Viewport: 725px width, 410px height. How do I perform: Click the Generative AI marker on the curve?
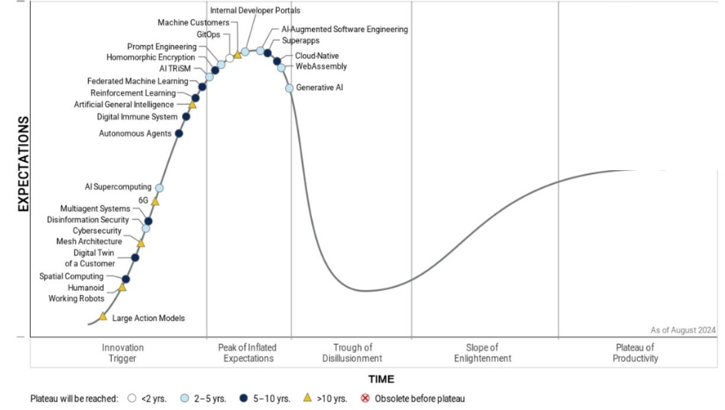click(x=290, y=88)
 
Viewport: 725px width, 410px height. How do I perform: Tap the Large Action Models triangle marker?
click(x=103, y=317)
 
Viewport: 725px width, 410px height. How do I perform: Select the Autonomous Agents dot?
click(x=179, y=134)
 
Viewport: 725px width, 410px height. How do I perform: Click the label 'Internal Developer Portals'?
click(x=255, y=10)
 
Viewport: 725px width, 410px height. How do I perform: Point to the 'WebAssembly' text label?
click(x=321, y=67)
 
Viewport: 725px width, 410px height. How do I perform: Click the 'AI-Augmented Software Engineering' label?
click(x=345, y=29)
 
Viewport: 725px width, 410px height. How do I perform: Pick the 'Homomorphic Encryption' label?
click(x=151, y=57)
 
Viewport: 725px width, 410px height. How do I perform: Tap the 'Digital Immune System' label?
click(x=137, y=117)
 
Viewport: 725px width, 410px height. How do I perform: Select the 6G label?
click(x=143, y=200)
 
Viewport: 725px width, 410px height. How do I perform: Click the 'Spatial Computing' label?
click(x=71, y=276)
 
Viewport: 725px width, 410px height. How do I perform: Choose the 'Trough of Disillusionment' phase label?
click(x=352, y=353)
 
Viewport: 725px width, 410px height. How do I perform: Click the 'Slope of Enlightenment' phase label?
click(x=483, y=353)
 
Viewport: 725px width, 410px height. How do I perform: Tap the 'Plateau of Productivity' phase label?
click(x=635, y=353)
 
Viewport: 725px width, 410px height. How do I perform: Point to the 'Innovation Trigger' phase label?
click(x=123, y=353)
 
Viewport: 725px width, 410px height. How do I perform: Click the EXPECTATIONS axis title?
click(x=23, y=164)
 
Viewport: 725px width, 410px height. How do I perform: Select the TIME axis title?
click(x=381, y=379)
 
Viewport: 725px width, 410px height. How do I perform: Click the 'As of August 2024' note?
click(x=683, y=330)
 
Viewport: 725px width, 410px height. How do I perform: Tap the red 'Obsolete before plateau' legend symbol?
click(x=365, y=398)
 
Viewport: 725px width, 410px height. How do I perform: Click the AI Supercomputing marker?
click(x=159, y=188)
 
